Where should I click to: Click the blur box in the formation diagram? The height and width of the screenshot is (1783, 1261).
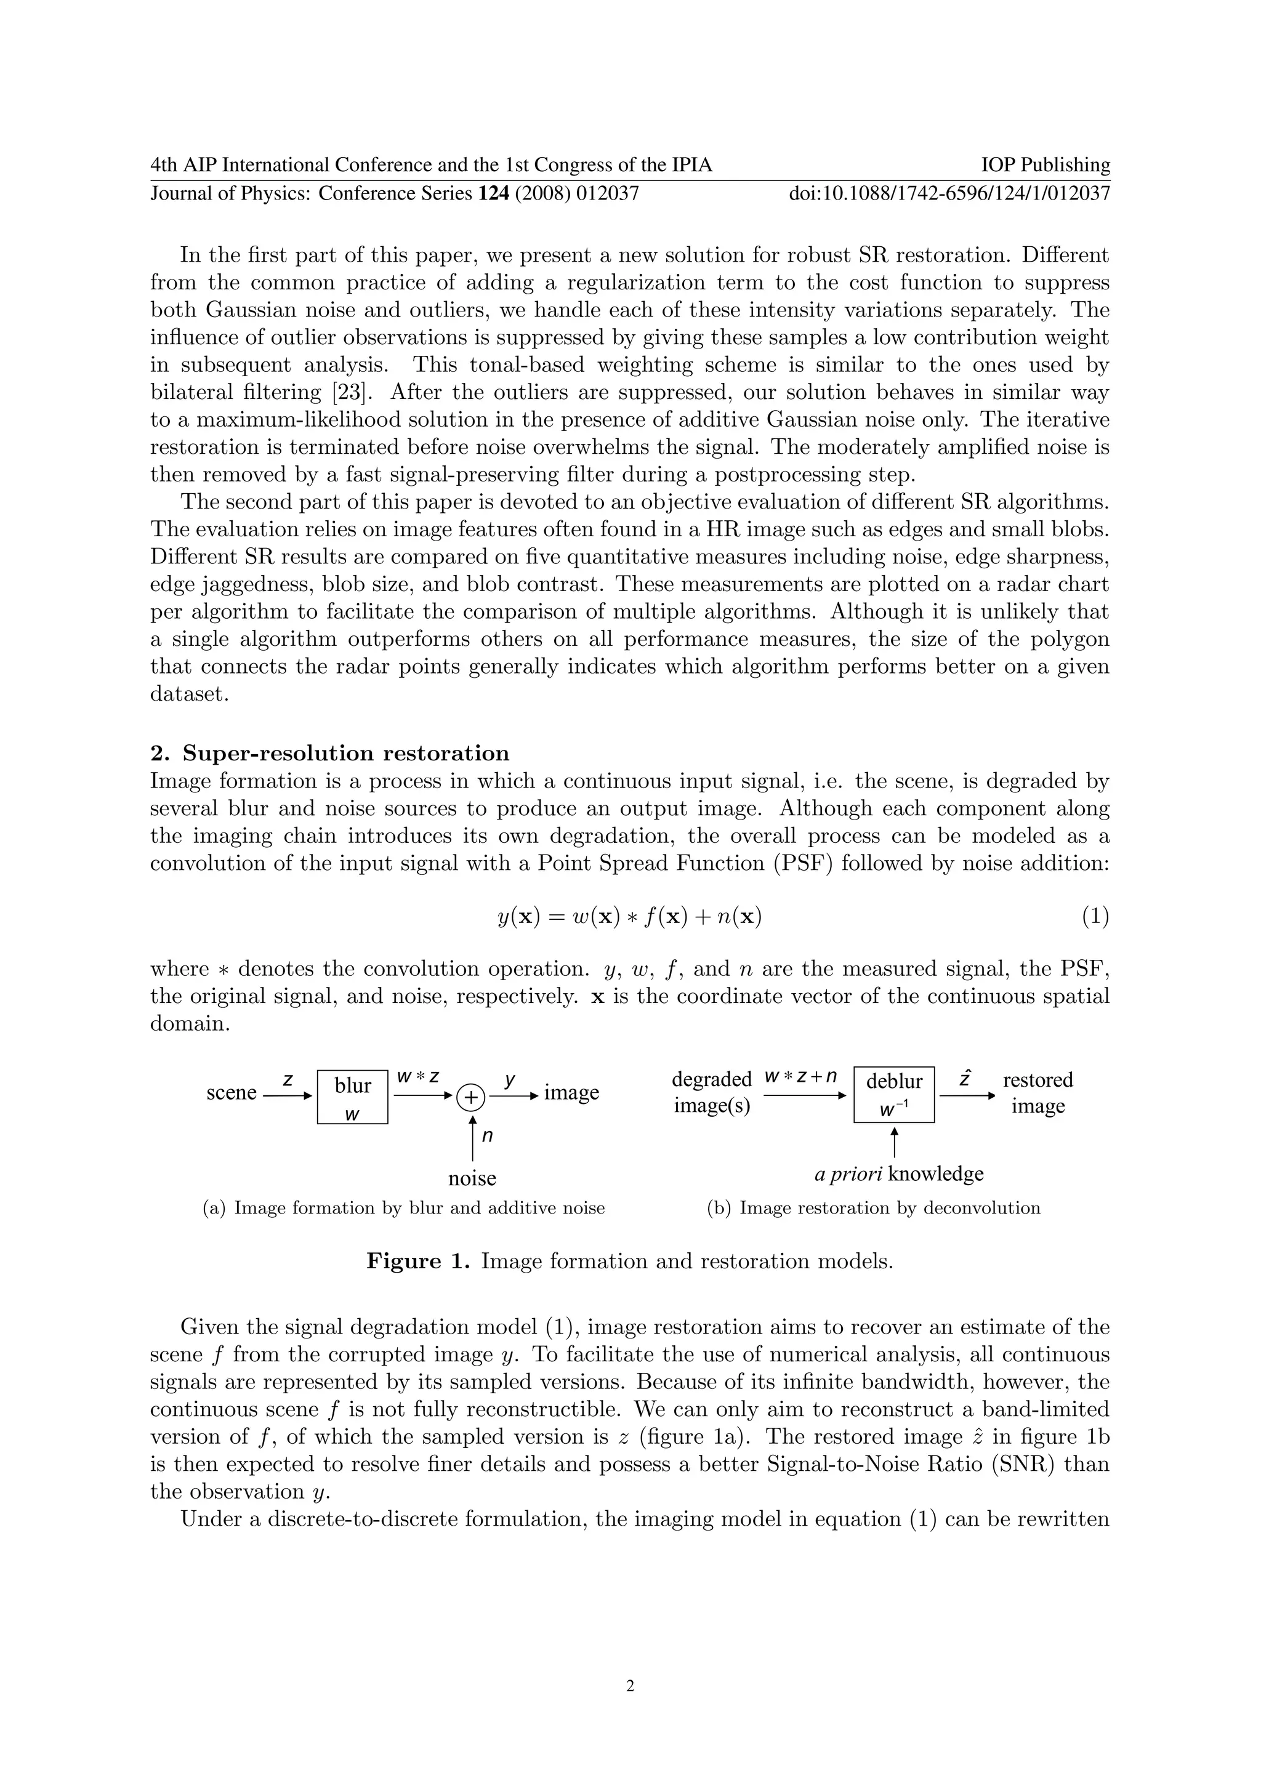click(353, 1096)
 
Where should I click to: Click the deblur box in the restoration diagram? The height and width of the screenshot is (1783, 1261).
click(894, 1094)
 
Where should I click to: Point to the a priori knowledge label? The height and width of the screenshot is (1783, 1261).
click(898, 1173)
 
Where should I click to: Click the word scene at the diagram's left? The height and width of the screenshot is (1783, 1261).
click(232, 1093)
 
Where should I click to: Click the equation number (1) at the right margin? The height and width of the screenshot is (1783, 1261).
click(1095, 917)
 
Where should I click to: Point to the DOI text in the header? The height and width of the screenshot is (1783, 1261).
click(949, 193)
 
